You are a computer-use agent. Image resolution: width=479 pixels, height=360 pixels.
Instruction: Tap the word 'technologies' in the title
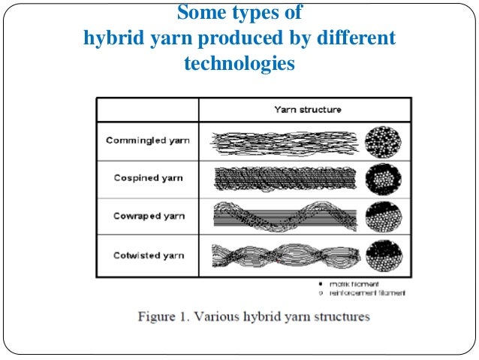click(x=238, y=63)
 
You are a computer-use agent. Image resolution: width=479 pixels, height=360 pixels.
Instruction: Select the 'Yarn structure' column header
click(x=307, y=110)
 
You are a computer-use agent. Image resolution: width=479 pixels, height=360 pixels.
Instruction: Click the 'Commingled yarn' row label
click(x=148, y=141)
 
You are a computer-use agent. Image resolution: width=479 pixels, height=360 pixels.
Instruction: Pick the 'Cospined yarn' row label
click(x=148, y=179)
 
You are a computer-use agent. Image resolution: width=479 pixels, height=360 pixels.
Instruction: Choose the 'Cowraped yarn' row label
click(x=148, y=216)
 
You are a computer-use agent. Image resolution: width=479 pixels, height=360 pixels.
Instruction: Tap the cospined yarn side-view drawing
click(x=283, y=178)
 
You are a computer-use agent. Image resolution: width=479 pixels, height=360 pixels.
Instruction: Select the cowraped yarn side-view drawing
click(x=283, y=216)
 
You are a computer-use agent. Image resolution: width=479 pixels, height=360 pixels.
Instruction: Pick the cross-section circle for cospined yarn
click(x=384, y=179)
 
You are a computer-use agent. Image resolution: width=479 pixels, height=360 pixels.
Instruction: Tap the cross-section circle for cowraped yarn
click(x=384, y=216)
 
